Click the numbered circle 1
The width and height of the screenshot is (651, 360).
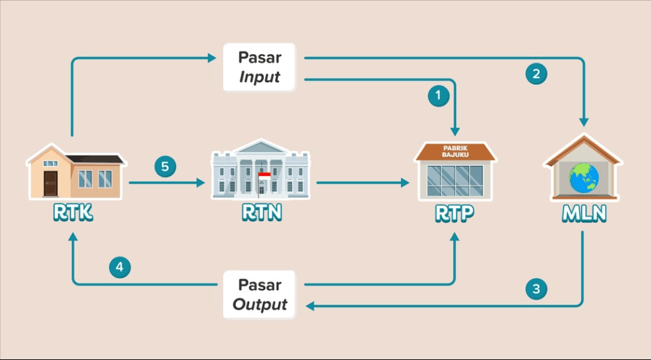[x=438, y=96]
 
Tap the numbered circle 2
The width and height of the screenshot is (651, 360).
[x=536, y=73]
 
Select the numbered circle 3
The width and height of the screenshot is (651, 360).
[x=536, y=289]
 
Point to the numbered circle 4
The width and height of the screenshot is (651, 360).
[x=119, y=267]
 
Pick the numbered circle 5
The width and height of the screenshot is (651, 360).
[x=165, y=166]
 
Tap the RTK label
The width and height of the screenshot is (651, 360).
[x=74, y=213]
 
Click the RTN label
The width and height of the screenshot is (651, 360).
[x=261, y=213]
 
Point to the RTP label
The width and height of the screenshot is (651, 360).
[x=456, y=213]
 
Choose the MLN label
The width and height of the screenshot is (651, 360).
[x=583, y=213]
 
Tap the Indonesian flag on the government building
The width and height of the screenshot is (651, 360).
[x=265, y=177]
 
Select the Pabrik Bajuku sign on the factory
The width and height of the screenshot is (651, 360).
[x=456, y=151]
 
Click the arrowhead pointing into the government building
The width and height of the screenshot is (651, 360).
[x=201, y=182]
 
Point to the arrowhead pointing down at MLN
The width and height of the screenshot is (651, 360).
[x=584, y=122]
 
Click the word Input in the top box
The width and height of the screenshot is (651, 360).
[x=260, y=77]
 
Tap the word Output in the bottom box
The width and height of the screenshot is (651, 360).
[x=260, y=305]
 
